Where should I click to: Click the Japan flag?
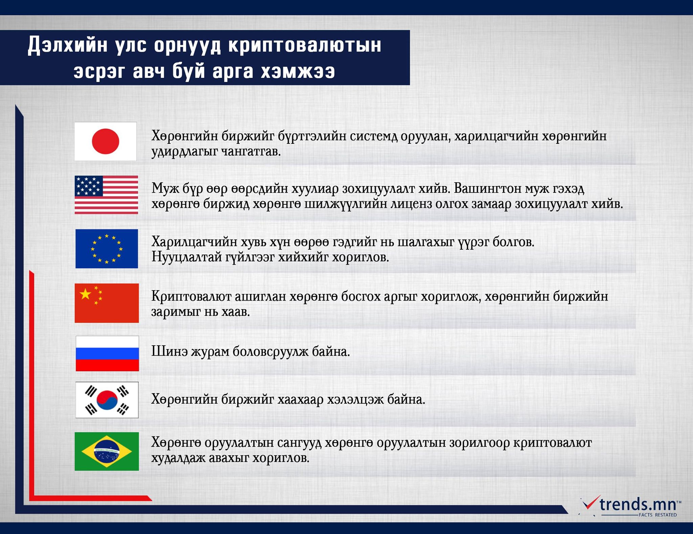106,141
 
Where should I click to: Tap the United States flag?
106,195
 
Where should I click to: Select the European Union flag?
107,249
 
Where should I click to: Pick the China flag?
107,303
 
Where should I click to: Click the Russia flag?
107,353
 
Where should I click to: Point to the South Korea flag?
107,400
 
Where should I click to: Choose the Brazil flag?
107,451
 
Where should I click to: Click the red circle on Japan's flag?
106,141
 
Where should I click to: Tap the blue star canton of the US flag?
89,186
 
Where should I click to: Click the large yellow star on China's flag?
85,294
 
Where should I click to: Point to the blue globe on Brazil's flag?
107,451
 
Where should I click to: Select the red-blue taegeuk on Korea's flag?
107,400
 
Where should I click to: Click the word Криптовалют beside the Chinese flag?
191,297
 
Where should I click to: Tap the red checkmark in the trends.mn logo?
589,507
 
